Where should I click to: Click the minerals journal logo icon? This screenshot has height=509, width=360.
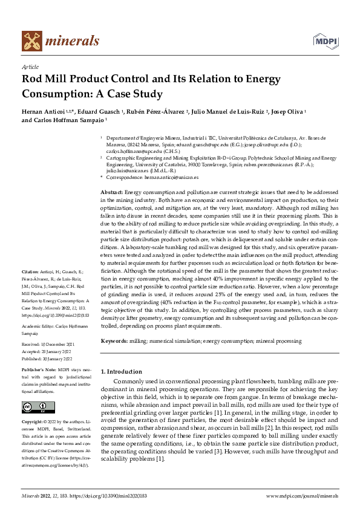pyautogui.click(x=32, y=41)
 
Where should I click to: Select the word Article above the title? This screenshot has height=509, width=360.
pyautogui.click(x=30, y=67)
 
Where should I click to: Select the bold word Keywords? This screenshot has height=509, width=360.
pyautogui.click(x=114, y=341)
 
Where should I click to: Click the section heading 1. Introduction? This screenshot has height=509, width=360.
pyautogui.click(x=122, y=371)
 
